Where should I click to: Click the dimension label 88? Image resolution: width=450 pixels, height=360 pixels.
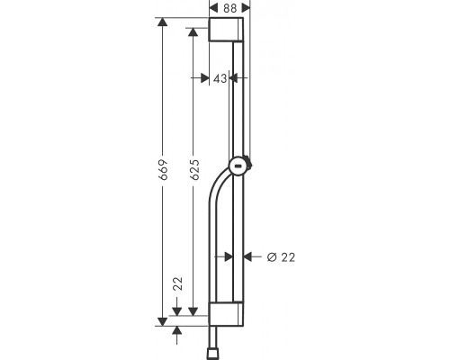pyautogui.click(x=229, y=8)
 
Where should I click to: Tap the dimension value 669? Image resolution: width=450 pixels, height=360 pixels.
pyautogui.click(x=163, y=170)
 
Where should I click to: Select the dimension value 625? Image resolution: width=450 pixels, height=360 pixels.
pyautogui.click(x=194, y=170)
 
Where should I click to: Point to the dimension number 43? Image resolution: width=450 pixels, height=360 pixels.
pyautogui.click(x=220, y=78)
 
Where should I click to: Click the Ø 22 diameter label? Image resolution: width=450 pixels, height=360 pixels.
pyautogui.click(x=281, y=257)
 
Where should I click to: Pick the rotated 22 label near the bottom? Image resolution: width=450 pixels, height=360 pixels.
pyautogui.click(x=178, y=283)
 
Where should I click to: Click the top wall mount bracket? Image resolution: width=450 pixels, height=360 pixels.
pyautogui.click(x=226, y=29)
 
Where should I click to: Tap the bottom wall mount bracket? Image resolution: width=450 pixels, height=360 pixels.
pyautogui.click(x=226, y=314)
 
